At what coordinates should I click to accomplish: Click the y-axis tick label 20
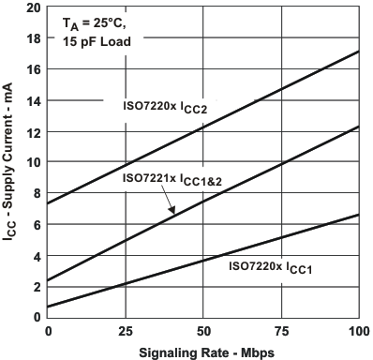32,7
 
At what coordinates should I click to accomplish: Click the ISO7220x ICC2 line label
165,107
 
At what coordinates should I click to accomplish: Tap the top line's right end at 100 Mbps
359,52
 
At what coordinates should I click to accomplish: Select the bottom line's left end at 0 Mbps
48,307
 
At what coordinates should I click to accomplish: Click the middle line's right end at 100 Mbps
359,127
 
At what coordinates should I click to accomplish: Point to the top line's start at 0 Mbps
48,203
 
